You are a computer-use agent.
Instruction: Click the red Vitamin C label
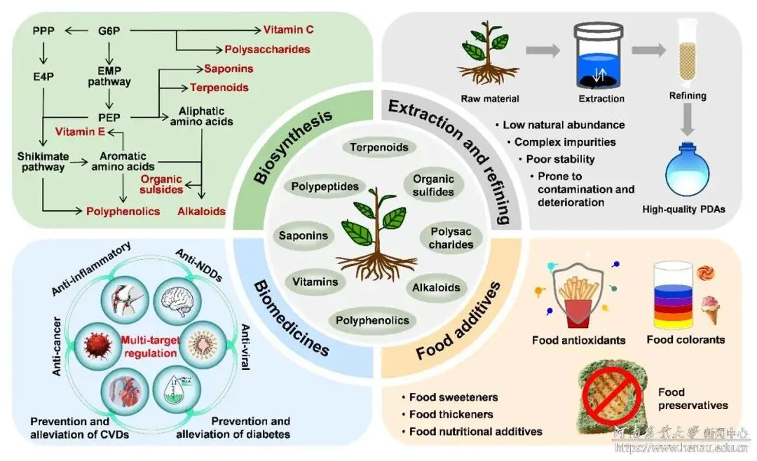coord(288,30)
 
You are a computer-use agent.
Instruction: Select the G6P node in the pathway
coord(109,31)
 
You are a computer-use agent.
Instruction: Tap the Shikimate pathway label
coord(43,162)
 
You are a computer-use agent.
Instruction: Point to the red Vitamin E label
coord(80,132)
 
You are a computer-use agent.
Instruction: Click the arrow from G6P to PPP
coord(76,31)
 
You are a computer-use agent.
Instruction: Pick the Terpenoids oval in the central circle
coord(379,147)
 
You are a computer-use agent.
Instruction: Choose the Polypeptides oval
coord(325,186)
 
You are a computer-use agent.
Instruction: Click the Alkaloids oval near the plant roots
coord(436,288)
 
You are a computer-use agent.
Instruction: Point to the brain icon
coord(177,301)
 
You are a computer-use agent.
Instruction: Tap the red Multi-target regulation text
coord(150,347)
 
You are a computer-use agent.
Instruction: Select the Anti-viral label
coord(245,347)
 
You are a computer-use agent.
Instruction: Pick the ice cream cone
coord(710,309)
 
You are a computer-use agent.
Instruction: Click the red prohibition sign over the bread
coord(611,395)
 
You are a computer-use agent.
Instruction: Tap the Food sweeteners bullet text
coord(453,397)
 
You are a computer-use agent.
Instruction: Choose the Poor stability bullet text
coord(560,159)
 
